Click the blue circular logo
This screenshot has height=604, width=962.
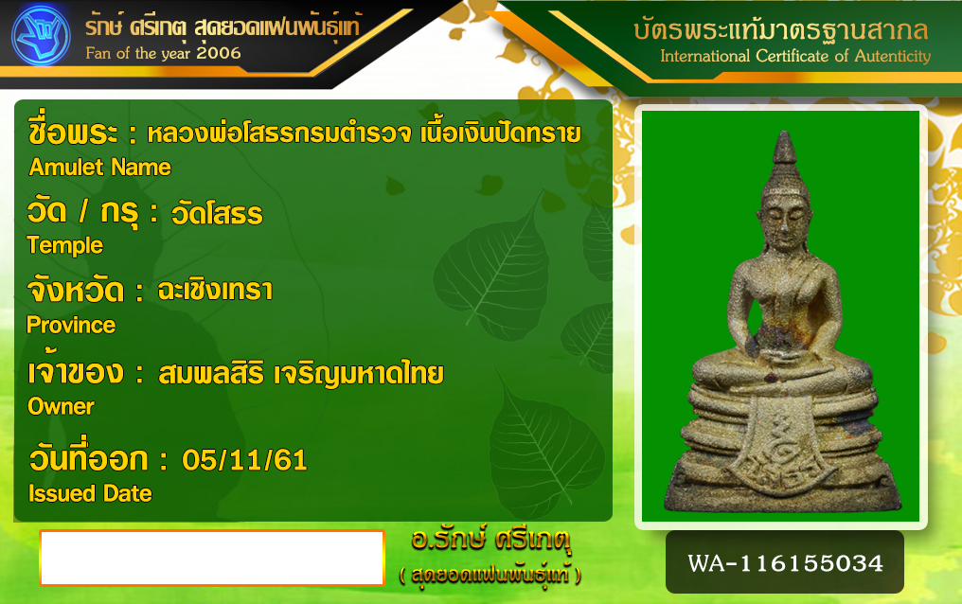point(41,35)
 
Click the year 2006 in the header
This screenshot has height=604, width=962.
point(219,53)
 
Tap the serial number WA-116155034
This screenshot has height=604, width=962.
point(785,563)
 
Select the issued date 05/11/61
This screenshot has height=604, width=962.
point(244,460)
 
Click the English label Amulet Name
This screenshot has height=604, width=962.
point(100,168)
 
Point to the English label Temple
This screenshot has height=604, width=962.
point(65,245)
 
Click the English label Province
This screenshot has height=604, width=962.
point(71,325)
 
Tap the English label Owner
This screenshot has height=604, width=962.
point(61,406)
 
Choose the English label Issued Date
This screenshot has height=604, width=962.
point(90,493)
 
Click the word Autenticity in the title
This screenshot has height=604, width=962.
point(893,56)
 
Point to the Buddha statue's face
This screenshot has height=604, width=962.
point(779,222)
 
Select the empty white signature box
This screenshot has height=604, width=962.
point(212,558)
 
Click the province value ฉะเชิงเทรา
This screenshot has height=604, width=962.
point(215,291)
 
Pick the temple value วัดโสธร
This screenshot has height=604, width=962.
point(217,213)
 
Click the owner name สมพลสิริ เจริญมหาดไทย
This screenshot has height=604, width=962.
point(301,374)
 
